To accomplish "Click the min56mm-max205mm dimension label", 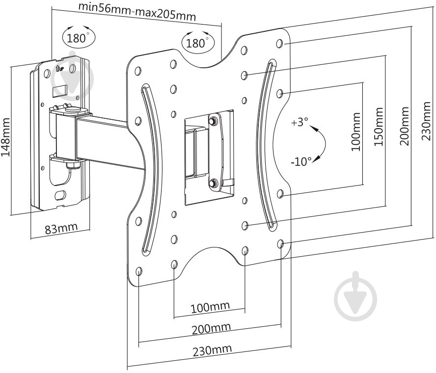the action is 137,11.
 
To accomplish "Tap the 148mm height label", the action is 5,137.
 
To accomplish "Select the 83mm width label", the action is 61,228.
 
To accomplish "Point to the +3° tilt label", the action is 300,122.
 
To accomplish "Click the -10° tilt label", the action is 301,161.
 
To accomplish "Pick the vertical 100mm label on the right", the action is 356,132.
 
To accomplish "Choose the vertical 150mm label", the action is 379,127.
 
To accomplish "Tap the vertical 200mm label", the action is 405,126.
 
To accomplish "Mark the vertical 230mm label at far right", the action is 426,121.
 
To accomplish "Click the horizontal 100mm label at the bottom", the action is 210,307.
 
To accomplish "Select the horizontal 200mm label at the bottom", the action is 211,328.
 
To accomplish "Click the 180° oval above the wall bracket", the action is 79,37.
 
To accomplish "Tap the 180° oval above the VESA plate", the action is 198,42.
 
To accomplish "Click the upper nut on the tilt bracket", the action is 213,121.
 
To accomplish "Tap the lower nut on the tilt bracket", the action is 213,183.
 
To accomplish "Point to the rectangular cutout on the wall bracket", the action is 60,91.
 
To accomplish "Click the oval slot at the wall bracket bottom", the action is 60,194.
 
